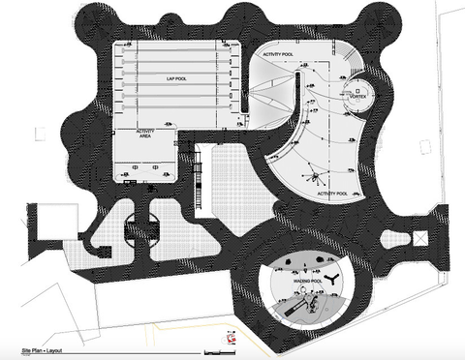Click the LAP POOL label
click(x=175, y=76)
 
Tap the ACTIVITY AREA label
click(x=146, y=135)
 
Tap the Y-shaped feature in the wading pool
click(x=331, y=277)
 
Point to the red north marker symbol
click(x=232, y=339)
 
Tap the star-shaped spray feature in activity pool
click(x=314, y=175)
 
